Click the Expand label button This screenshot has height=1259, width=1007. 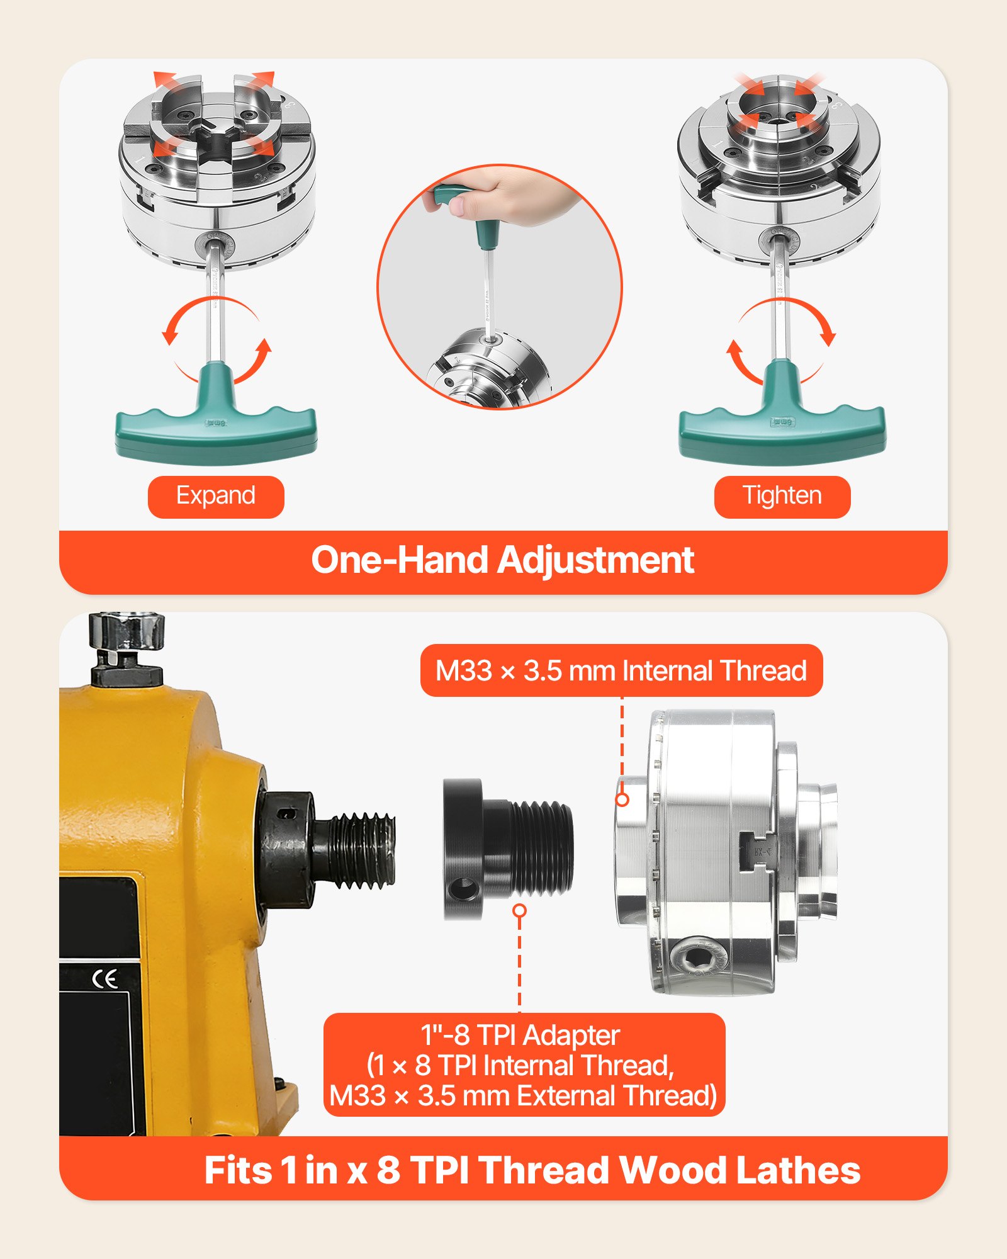[216, 497]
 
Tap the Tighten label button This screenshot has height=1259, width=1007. [782, 497]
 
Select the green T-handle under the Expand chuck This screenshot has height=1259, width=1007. [216, 428]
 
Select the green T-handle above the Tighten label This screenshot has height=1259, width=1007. [782, 428]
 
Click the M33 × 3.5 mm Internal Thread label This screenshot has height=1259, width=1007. [621, 670]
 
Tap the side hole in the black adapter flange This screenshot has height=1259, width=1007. [464, 889]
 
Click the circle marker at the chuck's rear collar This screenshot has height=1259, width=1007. [622, 799]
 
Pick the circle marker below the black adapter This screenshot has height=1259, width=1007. [519, 910]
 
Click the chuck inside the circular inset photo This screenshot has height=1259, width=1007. [491, 371]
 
